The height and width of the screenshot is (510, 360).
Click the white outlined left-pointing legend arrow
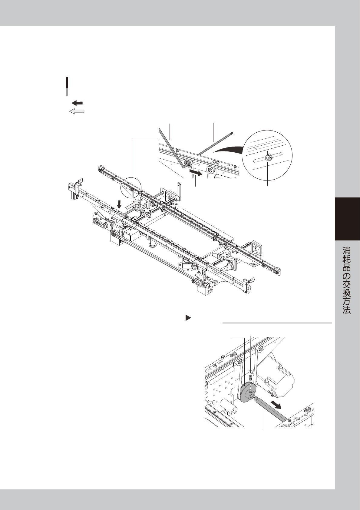[x=77, y=111]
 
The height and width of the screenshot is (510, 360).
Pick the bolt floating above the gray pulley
[x=250, y=378]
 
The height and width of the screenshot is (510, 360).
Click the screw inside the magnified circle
[x=268, y=157]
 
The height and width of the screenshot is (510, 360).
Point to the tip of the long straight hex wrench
[x=232, y=132]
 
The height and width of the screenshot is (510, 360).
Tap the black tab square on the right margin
[x=347, y=219]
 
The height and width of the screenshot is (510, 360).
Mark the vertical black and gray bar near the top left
[x=67, y=87]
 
